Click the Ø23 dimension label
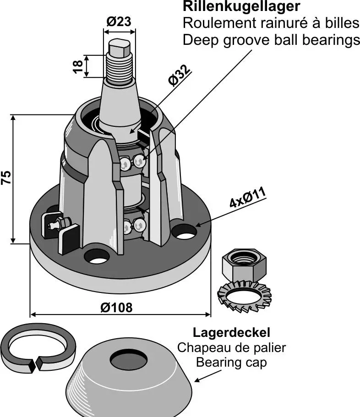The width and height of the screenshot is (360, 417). click(119, 21)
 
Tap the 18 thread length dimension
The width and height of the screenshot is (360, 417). click(78, 65)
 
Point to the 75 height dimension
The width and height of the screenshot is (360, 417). click(6, 178)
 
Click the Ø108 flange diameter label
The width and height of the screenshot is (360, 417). click(116, 307)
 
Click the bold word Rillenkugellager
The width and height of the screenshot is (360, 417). click(241, 7)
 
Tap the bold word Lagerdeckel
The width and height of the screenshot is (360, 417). click(231, 332)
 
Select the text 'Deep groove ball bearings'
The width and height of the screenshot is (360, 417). click(271, 40)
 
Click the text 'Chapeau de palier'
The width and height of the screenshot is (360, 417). click(231, 347)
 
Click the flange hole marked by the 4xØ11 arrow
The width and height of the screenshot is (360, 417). click(184, 232)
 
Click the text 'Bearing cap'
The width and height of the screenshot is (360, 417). click(231, 363)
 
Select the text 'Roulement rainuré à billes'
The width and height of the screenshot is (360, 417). click(270, 23)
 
